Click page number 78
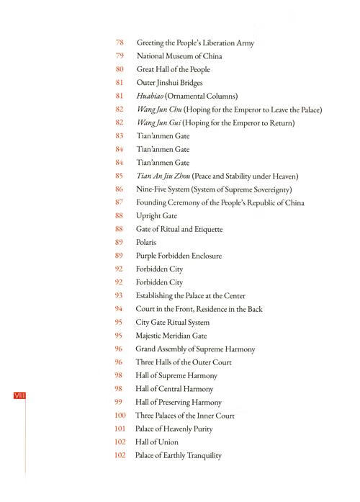pos(120,42)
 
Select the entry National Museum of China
pos(178,56)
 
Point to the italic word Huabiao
pos(150,97)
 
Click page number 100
pos(121,416)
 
